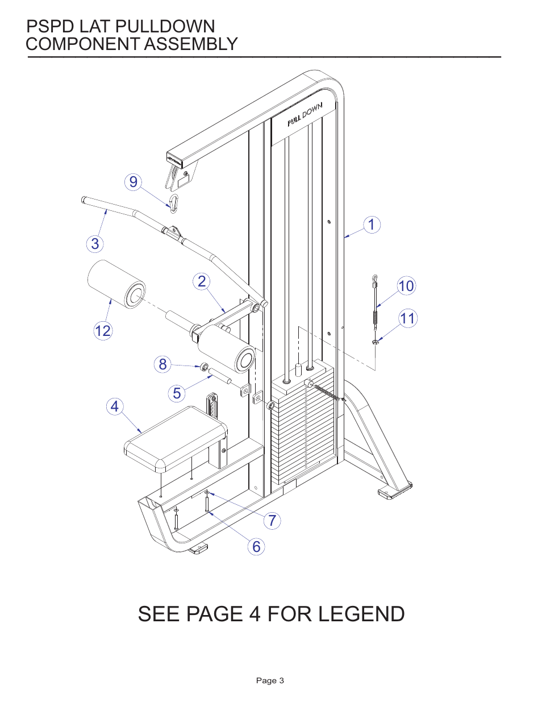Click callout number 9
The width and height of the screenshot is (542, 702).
pyautogui.click(x=133, y=182)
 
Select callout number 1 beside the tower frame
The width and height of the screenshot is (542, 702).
pyautogui.click(x=372, y=225)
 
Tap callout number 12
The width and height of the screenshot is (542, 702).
pyautogui.click(x=103, y=331)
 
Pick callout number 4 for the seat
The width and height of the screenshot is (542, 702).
pyautogui.click(x=115, y=406)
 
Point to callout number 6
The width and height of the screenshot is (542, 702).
pyautogui.click(x=256, y=546)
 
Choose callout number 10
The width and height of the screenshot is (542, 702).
pyautogui.click(x=406, y=285)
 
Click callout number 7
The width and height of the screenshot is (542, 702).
pyautogui.click(x=272, y=520)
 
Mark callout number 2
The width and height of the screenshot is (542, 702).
pyautogui.click(x=202, y=281)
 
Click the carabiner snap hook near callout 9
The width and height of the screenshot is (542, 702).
pyautogui.click(x=174, y=203)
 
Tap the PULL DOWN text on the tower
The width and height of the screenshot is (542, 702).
pyautogui.click(x=305, y=114)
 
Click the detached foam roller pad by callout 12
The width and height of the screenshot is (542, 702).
pyautogui.click(x=116, y=284)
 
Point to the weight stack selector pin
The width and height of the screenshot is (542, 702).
pyautogui.click(x=325, y=391)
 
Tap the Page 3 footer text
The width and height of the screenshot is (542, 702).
pyautogui.click(x=270, y=680)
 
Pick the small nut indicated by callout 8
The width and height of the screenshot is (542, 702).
pyautogui.click(x=205, y=367)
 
